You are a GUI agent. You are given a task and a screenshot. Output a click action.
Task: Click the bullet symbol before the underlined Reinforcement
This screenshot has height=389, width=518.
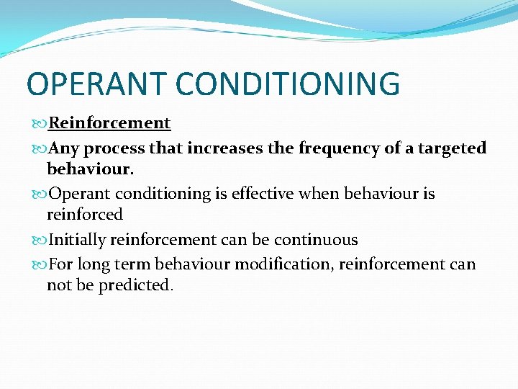click(x=40, y=123)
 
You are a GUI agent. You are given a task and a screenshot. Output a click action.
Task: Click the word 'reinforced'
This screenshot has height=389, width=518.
click(x=85, y=215)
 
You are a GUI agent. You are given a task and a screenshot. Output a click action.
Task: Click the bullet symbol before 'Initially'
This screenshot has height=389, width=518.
click(x=40, y=240)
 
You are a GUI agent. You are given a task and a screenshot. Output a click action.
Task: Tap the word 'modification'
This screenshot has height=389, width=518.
click(x=285, y=264)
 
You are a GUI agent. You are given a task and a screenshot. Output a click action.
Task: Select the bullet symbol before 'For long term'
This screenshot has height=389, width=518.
click(x=40, y=264)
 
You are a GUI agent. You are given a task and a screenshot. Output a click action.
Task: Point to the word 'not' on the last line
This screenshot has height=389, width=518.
click(x=58, y=285)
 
